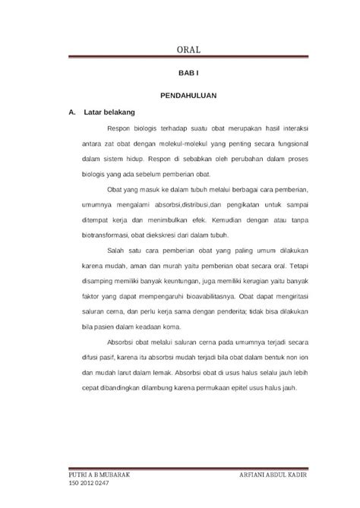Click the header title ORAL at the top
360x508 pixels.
point(186,50)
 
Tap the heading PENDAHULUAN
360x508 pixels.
point(186,97)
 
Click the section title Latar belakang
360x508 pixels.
point(104,112)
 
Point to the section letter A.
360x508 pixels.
point(71,112)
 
